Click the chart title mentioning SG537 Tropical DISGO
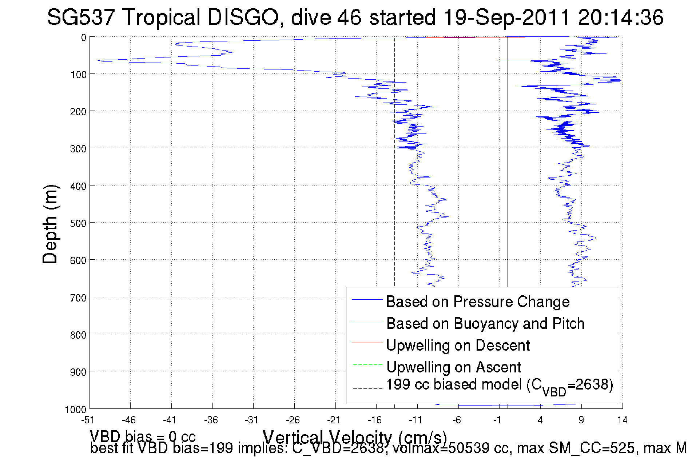[355, 17]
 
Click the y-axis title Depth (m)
[50, 224]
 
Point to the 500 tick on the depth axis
[78, 223]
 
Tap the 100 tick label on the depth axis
[78, 75]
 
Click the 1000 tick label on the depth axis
[76, 410]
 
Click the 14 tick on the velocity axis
[622, 420]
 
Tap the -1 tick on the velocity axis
[497, 420]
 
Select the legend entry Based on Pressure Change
[478, 302]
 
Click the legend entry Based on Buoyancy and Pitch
[485, 323]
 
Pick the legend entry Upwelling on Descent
[458, 345]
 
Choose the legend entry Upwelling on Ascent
[453, 367]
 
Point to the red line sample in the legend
[367, 343]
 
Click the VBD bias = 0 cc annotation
[143, 436]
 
